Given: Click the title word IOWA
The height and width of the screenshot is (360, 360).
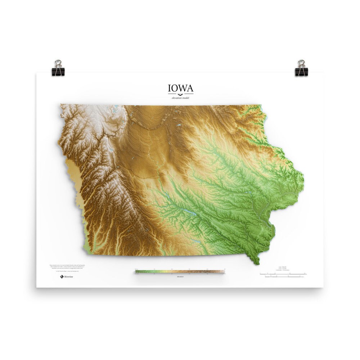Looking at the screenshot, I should tap(180, 88).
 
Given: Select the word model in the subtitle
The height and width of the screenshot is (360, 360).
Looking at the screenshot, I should tap(185, 98).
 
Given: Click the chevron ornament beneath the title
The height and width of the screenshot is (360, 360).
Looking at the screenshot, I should tap(180, 94).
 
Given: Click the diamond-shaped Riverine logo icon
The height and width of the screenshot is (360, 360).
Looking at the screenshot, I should tap(61, 276).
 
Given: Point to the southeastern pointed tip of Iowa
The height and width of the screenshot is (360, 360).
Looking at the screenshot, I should tap(258, 265).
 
